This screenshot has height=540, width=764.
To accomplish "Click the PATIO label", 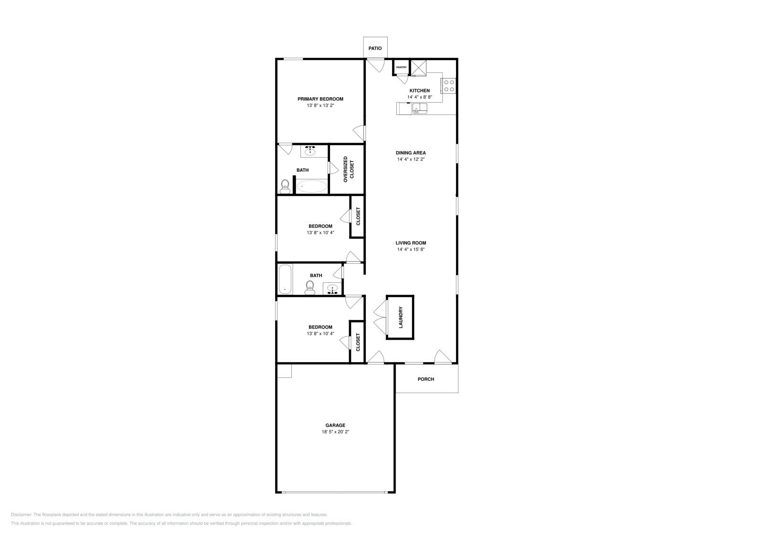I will (x=375, y=48).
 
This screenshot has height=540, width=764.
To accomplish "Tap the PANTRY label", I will (x=401, y=67).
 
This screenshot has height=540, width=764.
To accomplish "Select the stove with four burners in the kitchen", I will (x=449, y=85).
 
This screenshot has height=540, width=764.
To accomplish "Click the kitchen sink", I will (x=420, y=109).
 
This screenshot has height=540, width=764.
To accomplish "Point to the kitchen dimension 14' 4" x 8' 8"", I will (x=419, y=97).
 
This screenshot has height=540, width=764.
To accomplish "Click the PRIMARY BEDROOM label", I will (x=320, y=99).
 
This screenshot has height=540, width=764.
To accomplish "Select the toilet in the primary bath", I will (x=285, y=186).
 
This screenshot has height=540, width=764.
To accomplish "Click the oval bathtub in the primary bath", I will (x=312, y=186).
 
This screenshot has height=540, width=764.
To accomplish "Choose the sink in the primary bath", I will (x=310, y=151).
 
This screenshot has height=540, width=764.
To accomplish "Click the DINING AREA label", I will (x=411, y=153).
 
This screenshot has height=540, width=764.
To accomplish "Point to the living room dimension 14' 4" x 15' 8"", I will (x=411, y=249).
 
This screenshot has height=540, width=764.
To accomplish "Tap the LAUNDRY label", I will (x=401, y=318).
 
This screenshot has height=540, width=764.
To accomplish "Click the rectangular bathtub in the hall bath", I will (x=285, y=279).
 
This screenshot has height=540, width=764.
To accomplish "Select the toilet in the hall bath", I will (x=310, y=287).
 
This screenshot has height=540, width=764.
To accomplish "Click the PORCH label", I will (x=425, y=379).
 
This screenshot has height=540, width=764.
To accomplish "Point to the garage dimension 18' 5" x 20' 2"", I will (x=335, y=432).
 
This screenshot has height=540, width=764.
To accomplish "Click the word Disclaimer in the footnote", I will (x=21, y=515).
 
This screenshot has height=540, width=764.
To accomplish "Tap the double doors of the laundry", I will (x=379, y=318).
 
